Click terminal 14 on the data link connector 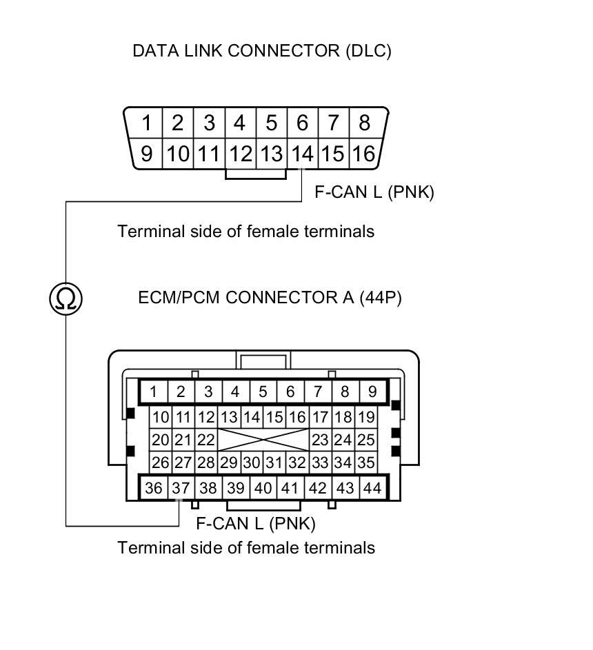coord(302,153)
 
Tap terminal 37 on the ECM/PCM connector coord(181,488)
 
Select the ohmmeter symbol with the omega coord(66,298)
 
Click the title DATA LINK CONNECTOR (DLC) coord(261,51)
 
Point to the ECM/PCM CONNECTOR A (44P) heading coord(270,298)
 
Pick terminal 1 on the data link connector coord(147,123)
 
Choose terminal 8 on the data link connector coord(364,123)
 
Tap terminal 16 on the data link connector coord(363,153)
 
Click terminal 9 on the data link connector coord(147,153)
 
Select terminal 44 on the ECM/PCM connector coord(372,488)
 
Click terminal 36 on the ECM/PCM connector coord(154,488)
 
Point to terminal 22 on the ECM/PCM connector coord(206,440)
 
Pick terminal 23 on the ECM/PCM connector coord(320,440)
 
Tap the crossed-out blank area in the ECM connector coord(263,440)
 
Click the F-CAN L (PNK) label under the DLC coord(374,192)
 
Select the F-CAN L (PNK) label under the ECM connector coord(256,524)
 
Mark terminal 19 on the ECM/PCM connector coord(366,417)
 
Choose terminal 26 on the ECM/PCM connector coord(160,463)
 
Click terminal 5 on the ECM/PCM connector coord(263,392)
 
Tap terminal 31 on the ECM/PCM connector coord(274,463)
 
